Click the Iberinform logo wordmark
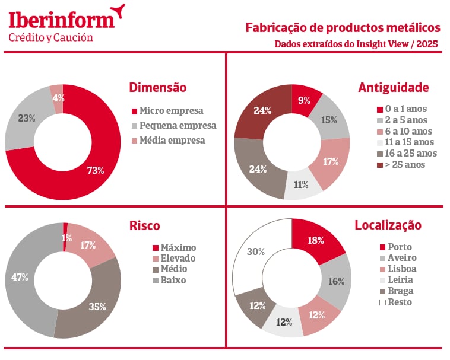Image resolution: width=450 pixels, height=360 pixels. point(62,19)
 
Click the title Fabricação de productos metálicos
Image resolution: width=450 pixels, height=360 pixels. point(343,28)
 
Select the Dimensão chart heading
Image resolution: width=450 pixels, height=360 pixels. point(157,88)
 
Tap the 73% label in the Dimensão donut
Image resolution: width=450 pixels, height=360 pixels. point(95,170)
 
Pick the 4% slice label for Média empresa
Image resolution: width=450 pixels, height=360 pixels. point(58,98)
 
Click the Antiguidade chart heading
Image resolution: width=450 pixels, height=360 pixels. point(393,88)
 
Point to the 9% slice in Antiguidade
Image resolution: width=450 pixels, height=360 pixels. point(304,100)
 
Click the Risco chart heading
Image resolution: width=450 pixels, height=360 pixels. point(144,225)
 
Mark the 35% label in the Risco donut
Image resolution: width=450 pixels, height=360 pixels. point(97,307)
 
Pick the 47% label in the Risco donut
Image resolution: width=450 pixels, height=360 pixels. point(21,277)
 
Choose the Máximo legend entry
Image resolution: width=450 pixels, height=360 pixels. point(174,247)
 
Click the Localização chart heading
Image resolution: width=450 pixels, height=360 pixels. point(388,225)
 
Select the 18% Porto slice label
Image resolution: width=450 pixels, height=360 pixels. point(316,240)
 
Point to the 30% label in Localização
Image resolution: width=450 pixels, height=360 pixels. point(255,251)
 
